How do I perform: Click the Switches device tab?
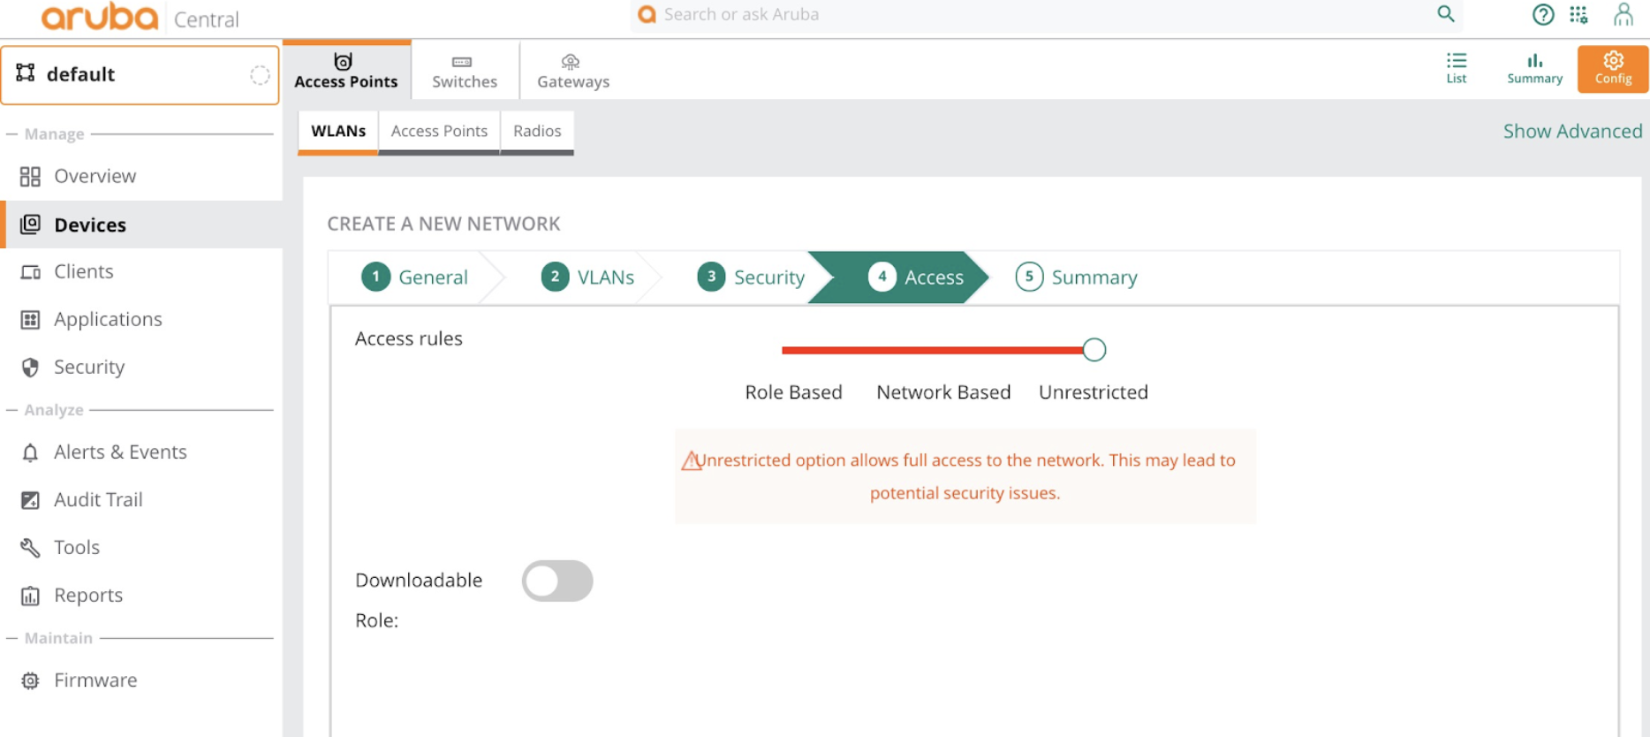(x=465, y=71)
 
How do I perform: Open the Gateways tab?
(x=573, y=71)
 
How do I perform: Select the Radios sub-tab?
(x=537, y=132)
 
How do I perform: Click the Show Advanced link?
(x=1572, y=132)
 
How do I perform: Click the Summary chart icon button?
(x=1534, y=68)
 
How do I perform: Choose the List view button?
(x=1457, y=68)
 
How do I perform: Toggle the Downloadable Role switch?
(x=557, y=581)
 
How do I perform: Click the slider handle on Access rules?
(x=1094, y=350)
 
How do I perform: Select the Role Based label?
(x=793, y=392)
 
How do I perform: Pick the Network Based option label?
(x=943, y=392)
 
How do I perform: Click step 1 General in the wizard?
(x=414, y=277)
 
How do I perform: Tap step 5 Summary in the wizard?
(x=1076, y=277)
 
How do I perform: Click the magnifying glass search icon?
(x=1446, y=14)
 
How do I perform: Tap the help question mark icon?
(x=1543, y=15)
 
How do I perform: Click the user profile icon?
(x=1624, y=14)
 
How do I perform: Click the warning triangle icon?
(x=692, y=460)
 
